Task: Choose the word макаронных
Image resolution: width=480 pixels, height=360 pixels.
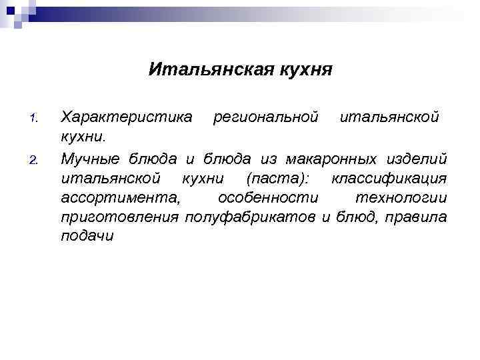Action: point(326,159)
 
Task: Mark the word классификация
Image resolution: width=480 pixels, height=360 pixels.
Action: point(389,178)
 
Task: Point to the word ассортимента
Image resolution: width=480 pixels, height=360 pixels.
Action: point(120,197)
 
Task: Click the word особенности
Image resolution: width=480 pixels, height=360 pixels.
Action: point(269,197)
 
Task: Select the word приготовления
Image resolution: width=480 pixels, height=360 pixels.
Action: point(120,217)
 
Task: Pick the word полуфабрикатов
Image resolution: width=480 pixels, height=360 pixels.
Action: point(251,217)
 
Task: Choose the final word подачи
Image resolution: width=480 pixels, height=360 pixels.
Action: point(87,236)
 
